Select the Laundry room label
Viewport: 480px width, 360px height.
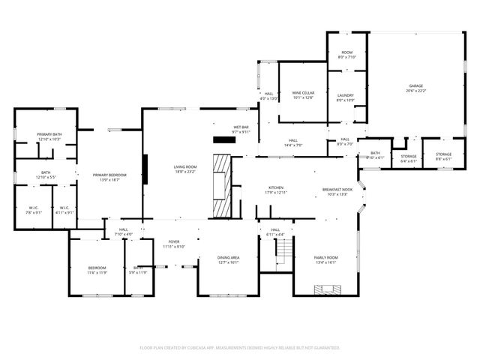pos(345,95)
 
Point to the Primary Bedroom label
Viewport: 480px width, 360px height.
pos(109,175)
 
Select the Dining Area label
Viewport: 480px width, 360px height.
pos(228,257)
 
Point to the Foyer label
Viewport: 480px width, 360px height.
pos(171,241)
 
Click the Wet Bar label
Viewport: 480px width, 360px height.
pos(241,127)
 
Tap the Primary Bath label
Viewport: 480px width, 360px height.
pos(49,134)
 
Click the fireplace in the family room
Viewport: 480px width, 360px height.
pos(325,289)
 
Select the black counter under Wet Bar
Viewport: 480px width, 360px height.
pos(223,139)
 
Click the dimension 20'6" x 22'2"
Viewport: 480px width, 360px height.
pos(415,91)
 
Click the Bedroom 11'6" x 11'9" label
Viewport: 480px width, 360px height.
pos(97,270)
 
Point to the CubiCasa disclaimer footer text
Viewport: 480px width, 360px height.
pos(240,347)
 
